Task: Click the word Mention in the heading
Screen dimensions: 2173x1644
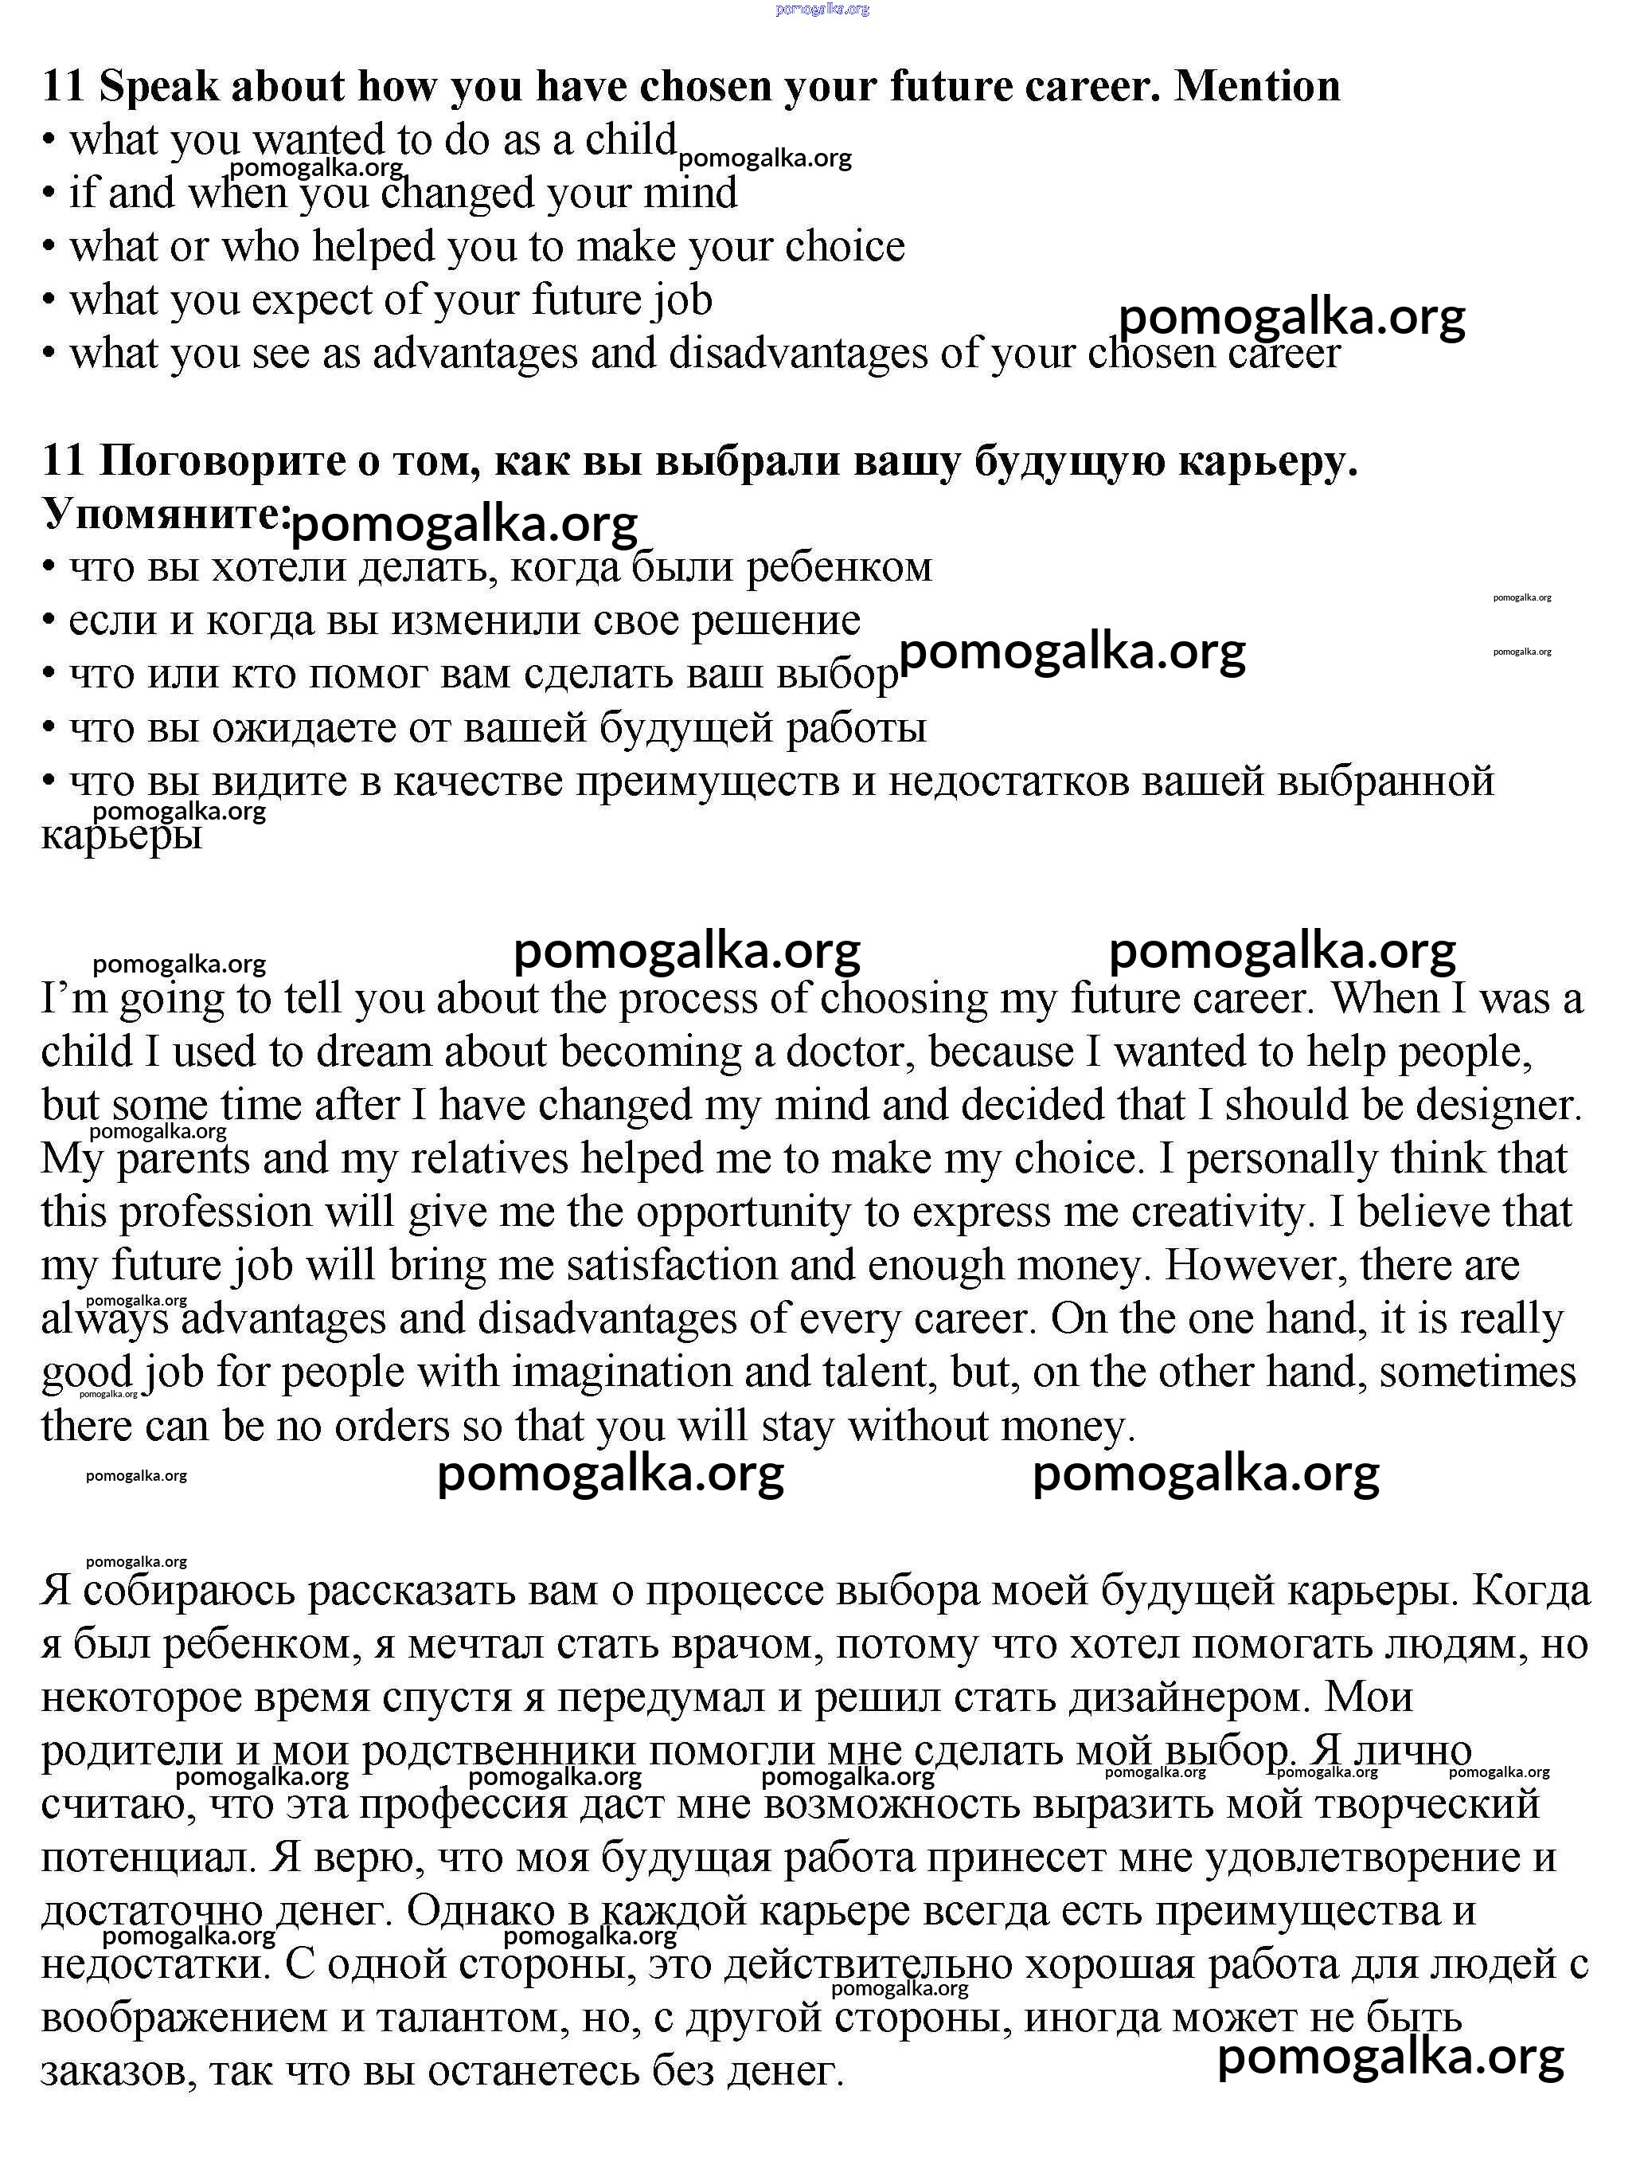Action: [x=1257, y=87]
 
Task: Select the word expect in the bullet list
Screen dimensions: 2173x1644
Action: [x=311, y=300]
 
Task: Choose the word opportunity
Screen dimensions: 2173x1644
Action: [x=743, y=1212]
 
